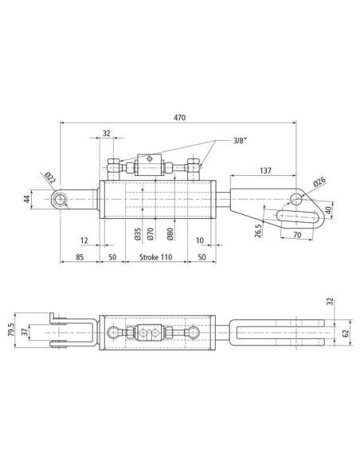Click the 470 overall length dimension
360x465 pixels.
tap(179, 118)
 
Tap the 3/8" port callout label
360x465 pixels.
tap(240, 141)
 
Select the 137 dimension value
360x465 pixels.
tap(265, 170)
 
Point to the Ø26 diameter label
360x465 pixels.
tap(319, 182)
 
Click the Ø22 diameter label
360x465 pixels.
tap(50, 178)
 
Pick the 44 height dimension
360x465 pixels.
tap(27, 199)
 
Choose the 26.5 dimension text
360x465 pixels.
tap(258, 231)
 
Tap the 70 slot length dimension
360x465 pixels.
tap(297, 235)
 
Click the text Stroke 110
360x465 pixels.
tap(155, 257)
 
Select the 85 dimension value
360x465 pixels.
tap(80, 257)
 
